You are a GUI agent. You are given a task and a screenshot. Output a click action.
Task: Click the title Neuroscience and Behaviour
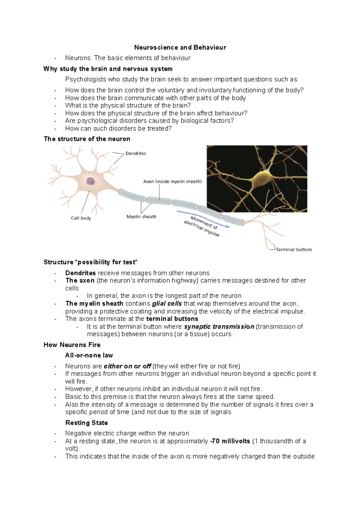click(180, 47)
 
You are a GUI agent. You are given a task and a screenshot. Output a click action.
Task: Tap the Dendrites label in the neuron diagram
click(136, 153)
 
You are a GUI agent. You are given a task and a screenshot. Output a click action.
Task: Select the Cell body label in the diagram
click(81, 218)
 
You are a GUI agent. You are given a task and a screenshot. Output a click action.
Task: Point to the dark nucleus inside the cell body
click(91, 181)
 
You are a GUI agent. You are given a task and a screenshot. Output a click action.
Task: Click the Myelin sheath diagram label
click(141, 217)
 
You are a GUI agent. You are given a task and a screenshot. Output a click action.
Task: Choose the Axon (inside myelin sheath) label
click(172, 181)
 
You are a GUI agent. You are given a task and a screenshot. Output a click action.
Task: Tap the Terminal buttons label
click(294, 249)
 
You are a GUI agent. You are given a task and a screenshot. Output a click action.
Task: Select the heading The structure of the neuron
click(87, 139)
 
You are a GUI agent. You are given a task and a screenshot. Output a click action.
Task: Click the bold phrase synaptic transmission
click(219, 327)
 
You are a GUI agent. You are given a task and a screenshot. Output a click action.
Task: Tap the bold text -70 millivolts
click(230, 441)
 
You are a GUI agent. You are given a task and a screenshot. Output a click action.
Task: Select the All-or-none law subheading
click(89, 356)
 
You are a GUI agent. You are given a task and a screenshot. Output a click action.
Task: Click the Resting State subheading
click(86, 423)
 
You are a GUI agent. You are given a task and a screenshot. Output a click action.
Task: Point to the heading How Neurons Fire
click(72, 345)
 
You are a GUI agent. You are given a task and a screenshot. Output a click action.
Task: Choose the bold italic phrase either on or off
click(127, 366)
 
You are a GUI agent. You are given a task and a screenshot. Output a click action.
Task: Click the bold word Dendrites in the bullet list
click(80, 273)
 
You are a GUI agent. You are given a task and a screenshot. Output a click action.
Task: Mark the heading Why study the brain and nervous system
click(108, 69)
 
